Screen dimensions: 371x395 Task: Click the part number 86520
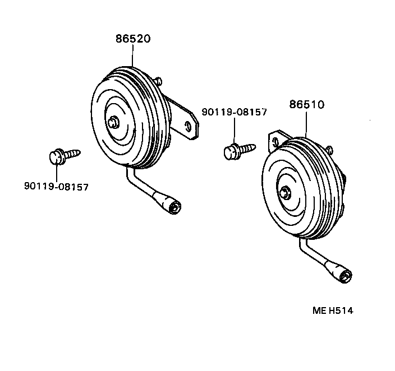point(133,40)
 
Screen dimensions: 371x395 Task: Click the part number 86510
point(307,105)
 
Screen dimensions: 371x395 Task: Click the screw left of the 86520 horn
point(62,155)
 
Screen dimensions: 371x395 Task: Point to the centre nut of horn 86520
point(114,122)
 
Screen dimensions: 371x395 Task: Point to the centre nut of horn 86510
point(287,193)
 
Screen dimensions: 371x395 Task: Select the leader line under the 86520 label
point(133,56)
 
